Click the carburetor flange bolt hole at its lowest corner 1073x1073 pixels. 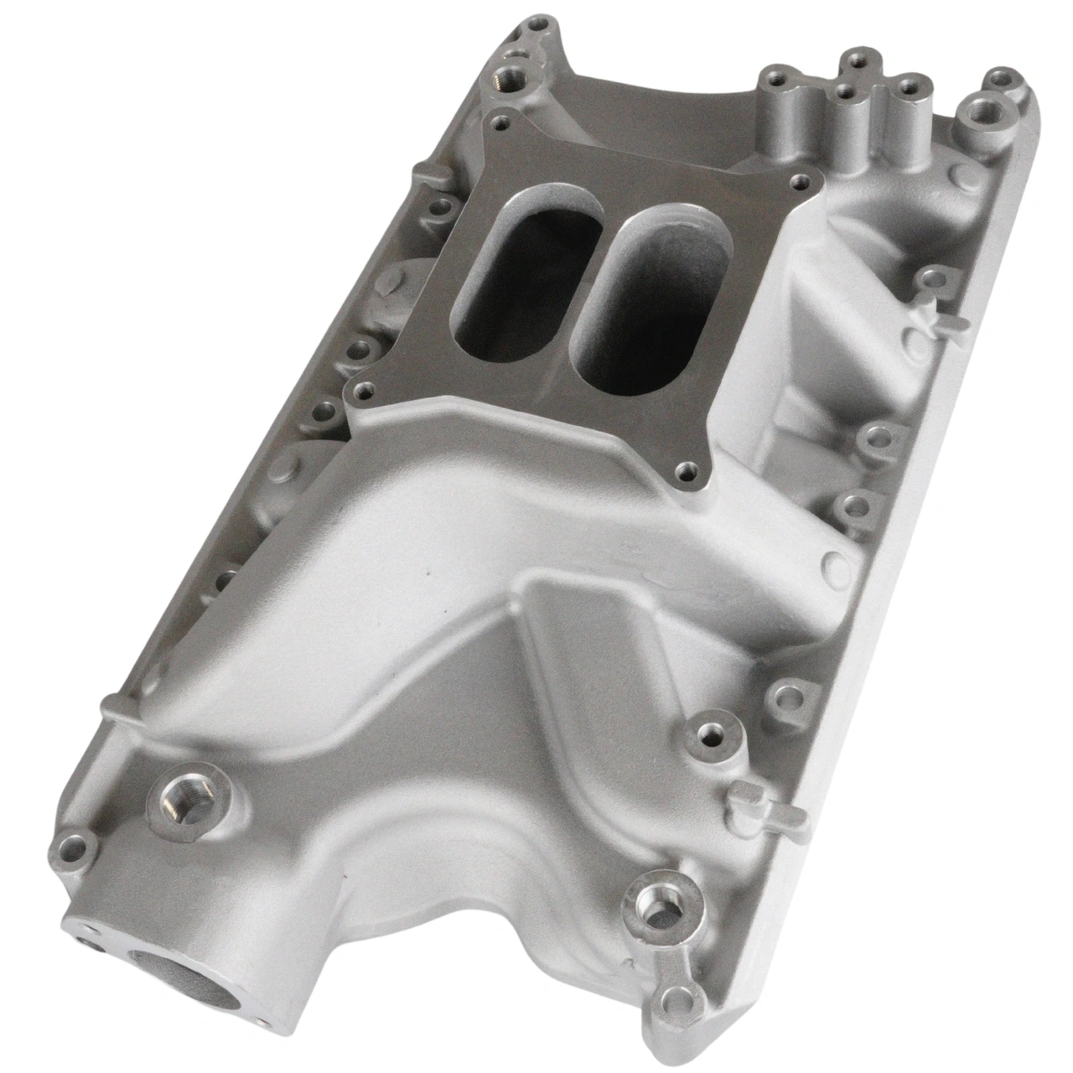pos(689,470)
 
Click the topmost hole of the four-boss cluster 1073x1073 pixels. pos(855,59)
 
